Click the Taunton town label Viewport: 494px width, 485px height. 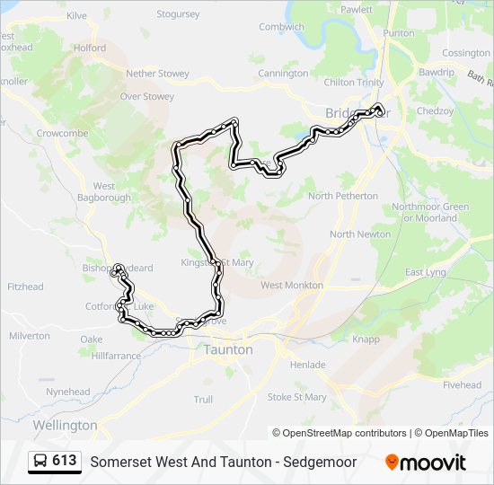pos(228,349)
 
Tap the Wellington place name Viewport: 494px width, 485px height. pos(65,425)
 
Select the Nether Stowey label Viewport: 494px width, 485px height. pos(157,74)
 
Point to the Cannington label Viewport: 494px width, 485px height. pos(283,74)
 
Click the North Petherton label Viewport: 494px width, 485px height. pos(343,196)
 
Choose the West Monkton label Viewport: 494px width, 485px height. pos(292,286)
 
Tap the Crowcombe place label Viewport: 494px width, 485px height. pos(61,133)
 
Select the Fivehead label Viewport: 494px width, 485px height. pos(463,385)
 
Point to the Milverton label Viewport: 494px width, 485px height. pos(30,336)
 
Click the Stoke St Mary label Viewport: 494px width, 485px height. pos(296,397)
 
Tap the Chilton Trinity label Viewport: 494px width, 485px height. pos(354,83)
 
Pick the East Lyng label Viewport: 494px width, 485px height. pos(425,272)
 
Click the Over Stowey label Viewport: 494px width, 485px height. pos(147,96)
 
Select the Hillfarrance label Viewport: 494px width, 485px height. pos(116,356)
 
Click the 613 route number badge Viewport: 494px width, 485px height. pos(65,462)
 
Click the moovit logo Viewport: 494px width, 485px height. pos(426,463)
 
